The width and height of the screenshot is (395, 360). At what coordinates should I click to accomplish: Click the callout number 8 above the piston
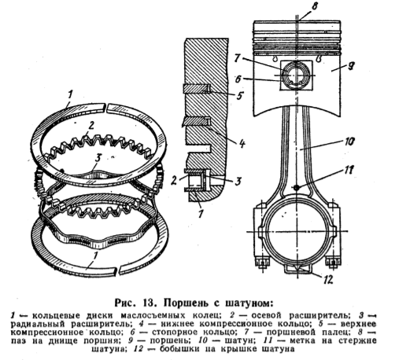point(314,7)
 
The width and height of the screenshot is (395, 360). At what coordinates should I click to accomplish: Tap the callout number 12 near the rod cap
point(327,279)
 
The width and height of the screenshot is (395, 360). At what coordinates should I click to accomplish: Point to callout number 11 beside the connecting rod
point(349,171)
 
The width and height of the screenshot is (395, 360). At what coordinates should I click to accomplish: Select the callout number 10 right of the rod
point(349,141)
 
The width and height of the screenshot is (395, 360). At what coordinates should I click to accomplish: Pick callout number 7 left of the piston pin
point(238,58)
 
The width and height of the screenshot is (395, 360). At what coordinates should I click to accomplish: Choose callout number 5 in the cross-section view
point(239,96)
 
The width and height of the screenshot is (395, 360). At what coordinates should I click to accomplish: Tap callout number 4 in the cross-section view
point(242,144)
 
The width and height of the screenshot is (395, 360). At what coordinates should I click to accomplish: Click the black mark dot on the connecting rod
point(297,187)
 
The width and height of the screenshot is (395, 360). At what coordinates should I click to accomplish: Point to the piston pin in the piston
point(296,75)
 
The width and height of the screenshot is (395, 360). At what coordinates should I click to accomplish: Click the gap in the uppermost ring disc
point(105,108)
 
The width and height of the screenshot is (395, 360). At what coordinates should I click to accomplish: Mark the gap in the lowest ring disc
point(117,270)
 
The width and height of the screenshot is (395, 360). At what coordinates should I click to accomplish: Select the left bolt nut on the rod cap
point(261,263)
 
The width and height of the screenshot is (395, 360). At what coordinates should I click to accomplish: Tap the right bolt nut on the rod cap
point(332,263)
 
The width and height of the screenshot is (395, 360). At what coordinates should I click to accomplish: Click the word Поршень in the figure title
point(187,303)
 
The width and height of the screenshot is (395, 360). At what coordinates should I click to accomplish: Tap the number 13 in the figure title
point(150,303)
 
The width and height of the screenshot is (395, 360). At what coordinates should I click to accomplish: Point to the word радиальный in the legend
point(38,324)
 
